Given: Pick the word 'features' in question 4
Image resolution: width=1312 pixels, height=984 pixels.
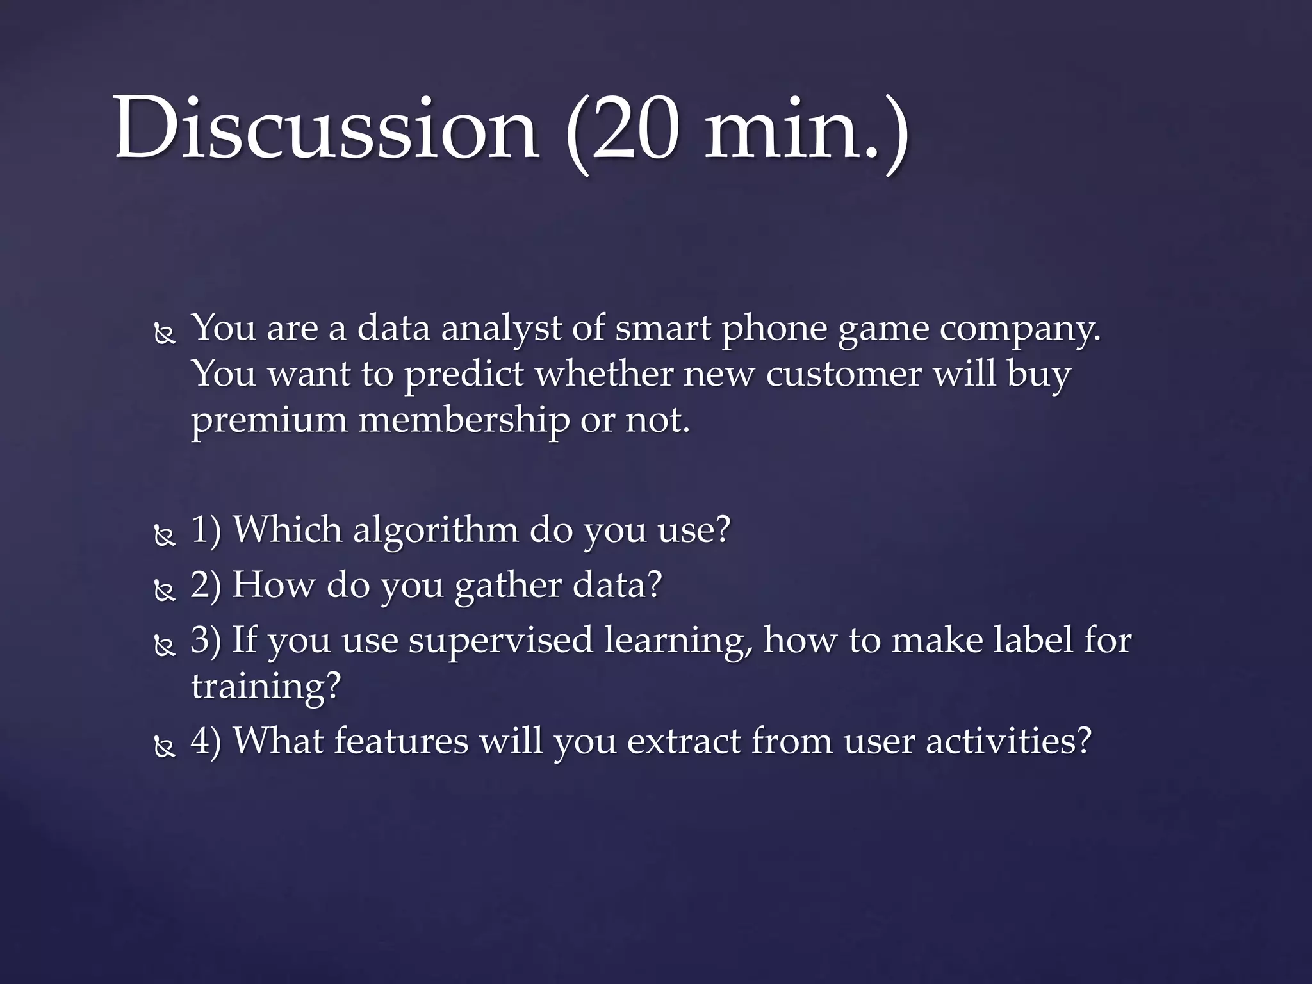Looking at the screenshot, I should pyautogui.click(x=401, y=741).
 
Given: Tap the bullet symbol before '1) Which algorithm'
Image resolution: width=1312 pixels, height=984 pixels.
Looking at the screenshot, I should pyautogui.click(x=165, y=536).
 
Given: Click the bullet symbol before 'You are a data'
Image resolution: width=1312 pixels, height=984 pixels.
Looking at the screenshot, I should pyautogui.click(x=165, y=334).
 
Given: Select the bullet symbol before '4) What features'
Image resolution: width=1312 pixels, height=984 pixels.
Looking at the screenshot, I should pyautogui.click(x=165, y=747).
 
